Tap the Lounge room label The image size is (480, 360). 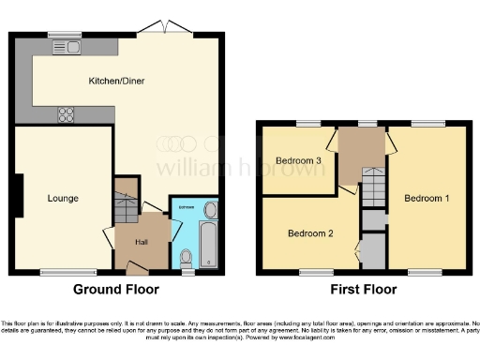click(63, 198)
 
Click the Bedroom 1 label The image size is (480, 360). click(427, 198)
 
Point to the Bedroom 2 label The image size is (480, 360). click(310, 232)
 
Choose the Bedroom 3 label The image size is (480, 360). click(297, 160)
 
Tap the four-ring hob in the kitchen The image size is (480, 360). click(67, 115)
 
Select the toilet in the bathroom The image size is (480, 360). click(187, 255)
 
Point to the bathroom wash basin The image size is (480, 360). click(209, 208)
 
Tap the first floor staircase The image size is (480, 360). click(372, 187)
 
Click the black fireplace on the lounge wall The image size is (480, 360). click(17, 192)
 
